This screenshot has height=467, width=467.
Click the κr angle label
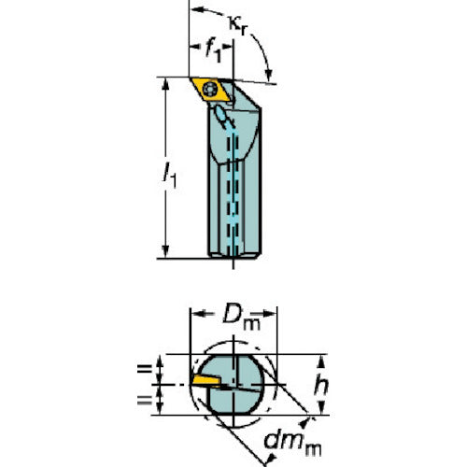(238, 25)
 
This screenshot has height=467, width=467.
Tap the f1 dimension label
(214, 50)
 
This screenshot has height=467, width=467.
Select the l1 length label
(170, 176)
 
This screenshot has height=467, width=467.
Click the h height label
(321, 386)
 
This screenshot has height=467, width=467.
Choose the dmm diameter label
(292, 443)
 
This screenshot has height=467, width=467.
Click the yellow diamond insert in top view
(211, 90)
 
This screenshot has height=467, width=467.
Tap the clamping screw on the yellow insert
(210, 90)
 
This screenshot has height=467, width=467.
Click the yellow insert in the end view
(206, 381)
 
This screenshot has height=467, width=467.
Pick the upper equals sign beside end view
(145, 369)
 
